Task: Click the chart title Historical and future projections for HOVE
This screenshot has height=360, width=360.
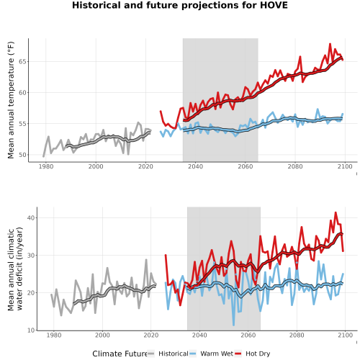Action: pyautogui.click(x=180, y=5)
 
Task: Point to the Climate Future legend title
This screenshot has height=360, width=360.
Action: pyautogui.click(x=120, y=354)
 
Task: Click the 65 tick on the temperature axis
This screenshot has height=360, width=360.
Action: pyautogui.click(x=22, y=62)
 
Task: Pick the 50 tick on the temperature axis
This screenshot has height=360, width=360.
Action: pyautogui.click(x=22, y=155)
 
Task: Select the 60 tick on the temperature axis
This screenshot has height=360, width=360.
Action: pyautogui.click(x=22, y=93)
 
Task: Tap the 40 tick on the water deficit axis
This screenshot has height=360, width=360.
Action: pyautogui.click(x=31, y=217)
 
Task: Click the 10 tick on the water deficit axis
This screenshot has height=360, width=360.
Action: pyautogui.click(x=31, y=330)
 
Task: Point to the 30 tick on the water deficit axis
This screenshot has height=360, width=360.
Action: pyautogui.click(x=31, y=255)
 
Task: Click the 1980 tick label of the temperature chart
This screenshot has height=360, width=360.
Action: pyautogui.click(x=46, y=166)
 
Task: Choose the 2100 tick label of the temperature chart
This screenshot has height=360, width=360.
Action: pyautogui.click(x=345, y=166)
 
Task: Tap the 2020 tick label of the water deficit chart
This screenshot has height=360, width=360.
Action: pyautogui.click(x=151, y=335)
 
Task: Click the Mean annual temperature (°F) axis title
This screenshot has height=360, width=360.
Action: pyautogui.click(x=11, y=100)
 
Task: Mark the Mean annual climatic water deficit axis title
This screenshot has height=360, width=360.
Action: pyautogui.click(x=15, y=269)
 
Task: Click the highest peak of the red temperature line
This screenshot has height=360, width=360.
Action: pyautogui.click(x=330, y=44)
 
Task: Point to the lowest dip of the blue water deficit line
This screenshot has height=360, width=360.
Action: pyautogui.click(x=233, y=325)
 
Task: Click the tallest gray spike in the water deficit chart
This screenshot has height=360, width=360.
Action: pyautogui.click(x=146, y=260)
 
